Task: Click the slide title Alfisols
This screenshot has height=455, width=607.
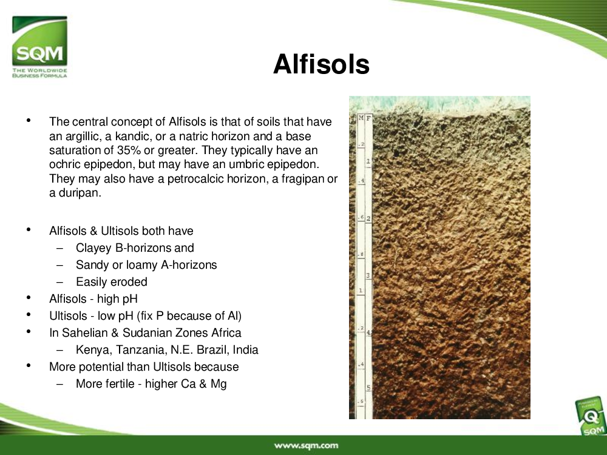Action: [x=321, y=64]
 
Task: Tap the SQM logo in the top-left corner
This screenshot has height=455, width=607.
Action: [x=39, y=47]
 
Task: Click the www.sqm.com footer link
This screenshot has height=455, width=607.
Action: [x=306, y=446]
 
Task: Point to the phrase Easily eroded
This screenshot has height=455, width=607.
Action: [x=112, y=281]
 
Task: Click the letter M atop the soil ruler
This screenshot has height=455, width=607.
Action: [x=361, y=118]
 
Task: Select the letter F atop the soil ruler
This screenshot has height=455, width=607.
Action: [x=368, y=118]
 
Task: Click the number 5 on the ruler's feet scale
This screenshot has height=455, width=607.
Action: [x=368, y=387]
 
